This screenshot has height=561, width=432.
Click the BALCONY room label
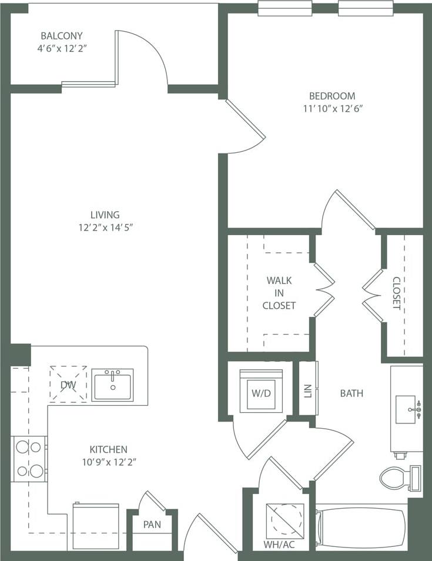coord(61,35)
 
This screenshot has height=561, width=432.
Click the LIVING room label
coord(105,215)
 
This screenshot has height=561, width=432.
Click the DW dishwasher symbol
coord(68,385)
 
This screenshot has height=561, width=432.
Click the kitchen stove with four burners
coord(29,459)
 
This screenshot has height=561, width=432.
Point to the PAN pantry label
coord(152,524)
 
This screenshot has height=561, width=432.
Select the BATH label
coord(351,393)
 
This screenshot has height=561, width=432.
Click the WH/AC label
coord(279,544)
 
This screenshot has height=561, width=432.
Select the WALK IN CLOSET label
coord(279,293)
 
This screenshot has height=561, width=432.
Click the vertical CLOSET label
coord(396,293)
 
